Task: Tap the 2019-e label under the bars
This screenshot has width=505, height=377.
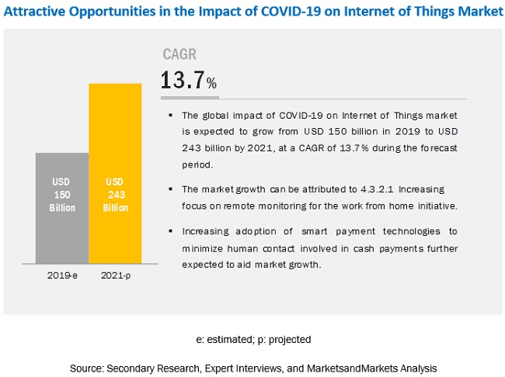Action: click(x=61, y=275)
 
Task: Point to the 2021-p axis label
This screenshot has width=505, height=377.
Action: click(x=115, y=275)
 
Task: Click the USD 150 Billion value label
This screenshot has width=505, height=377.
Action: click(x=61, y=195)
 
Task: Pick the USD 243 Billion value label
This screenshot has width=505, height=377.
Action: click(x=115, y=195)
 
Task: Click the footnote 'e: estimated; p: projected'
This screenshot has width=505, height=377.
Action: click(x=252, y=339)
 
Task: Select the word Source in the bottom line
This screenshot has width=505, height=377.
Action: click(x=85, y=366)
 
